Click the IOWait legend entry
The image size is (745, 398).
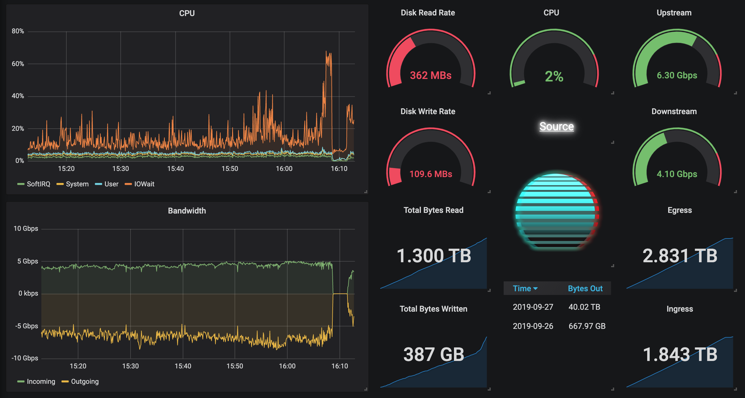[144, 184]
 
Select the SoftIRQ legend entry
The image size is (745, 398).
[38, 184]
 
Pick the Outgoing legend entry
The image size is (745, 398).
[85, 382]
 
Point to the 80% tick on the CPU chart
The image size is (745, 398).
[18, 31]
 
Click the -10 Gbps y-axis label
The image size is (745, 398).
[25, 358]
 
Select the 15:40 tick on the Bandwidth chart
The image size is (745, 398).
[183, 366]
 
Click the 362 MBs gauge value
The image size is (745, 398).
[431, 75]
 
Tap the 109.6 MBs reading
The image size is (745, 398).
[431, 174]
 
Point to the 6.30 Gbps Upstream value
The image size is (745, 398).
[677, 75]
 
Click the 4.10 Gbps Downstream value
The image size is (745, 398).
[677, 174]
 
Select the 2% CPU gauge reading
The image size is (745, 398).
[554, 77]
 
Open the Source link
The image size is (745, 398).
[556, 126]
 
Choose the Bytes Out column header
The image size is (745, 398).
[585, 288]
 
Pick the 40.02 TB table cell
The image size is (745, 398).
[584, 307]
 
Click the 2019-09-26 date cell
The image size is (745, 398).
[533, 326]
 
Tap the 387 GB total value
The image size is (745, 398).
[434, 354]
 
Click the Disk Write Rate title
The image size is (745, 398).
[428, 111]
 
